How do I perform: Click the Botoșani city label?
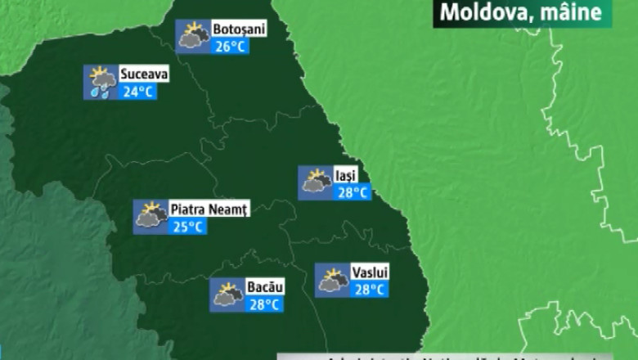[x=239, y=29]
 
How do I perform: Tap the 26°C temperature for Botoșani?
[x=230, y=46]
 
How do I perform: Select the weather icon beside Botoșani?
[x=194, y=36]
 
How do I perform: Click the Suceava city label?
[x=144, y=74]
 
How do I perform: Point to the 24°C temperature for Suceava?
[x=137, y=91]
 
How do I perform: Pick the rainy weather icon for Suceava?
[x=101, y=82]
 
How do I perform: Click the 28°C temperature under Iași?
[x=353, y=192]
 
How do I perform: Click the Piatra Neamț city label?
[x=208, y=209]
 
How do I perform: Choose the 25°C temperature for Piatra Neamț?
[x=188, y=226]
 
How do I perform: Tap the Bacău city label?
[x=264, y=288]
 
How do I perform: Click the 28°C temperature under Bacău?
[x=265, y=304]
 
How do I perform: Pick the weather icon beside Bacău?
[x=227, y=295]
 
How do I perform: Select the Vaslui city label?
[x=370, y=272]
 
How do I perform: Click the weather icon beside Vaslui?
[x=332, y=279]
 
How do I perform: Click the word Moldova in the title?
[x=474, y=12]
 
